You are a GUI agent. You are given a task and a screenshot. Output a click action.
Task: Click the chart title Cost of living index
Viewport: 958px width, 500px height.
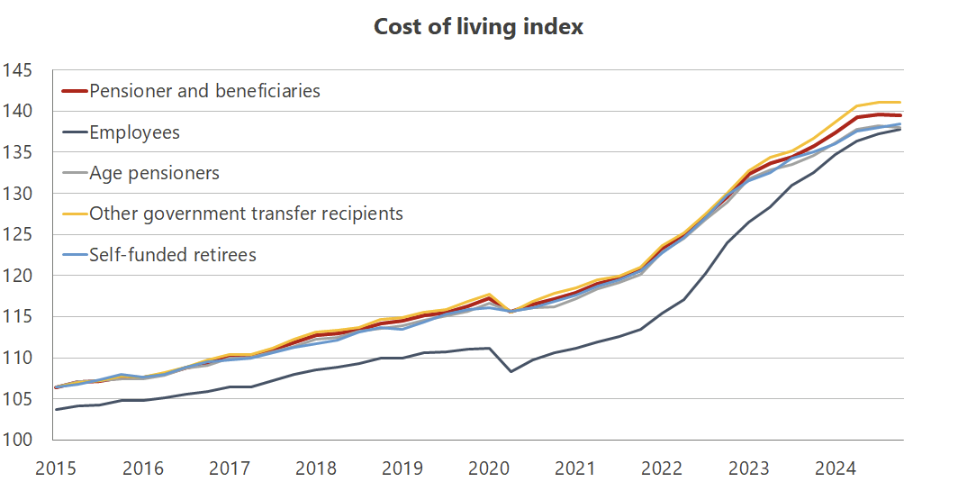(478, 27)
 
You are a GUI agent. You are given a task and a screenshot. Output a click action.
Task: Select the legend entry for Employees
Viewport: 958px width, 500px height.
(134, 132)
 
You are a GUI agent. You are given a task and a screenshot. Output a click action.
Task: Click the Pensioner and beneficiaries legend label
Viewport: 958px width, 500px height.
(204, 91)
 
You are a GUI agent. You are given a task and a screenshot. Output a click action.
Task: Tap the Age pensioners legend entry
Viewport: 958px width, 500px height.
(154, 173)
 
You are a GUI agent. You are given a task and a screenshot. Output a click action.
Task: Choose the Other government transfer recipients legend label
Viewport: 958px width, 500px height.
(246, 214)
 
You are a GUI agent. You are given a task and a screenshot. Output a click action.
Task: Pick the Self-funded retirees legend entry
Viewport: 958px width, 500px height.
(172, 255)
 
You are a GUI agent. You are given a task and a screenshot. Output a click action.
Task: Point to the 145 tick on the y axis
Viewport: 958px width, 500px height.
(17, 70)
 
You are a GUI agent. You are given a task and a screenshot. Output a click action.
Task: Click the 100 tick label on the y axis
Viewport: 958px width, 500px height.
(17, 440)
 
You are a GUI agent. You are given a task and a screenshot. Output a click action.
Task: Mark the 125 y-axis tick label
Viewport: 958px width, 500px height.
(17, 235)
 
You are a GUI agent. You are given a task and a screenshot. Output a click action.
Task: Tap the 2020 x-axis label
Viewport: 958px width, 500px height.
(488, 468)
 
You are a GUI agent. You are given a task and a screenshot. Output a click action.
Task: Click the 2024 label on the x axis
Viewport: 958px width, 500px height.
(836, 468)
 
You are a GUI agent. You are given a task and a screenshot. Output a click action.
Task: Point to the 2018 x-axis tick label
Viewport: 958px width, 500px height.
(315, 468)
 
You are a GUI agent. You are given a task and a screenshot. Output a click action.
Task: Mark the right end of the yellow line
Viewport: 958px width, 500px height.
(901, 102)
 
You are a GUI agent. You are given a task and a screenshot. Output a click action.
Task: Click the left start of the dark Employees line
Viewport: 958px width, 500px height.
(56, 410)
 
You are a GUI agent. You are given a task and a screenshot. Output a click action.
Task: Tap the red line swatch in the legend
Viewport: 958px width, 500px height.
(74, 91)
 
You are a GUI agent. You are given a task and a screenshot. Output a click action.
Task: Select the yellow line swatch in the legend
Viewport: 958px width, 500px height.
(74, 214)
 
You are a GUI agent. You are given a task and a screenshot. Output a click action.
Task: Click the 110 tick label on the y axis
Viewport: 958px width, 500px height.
(17, 358)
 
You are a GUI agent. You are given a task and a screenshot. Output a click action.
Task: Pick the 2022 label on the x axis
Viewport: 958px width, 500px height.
(662, 468)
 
